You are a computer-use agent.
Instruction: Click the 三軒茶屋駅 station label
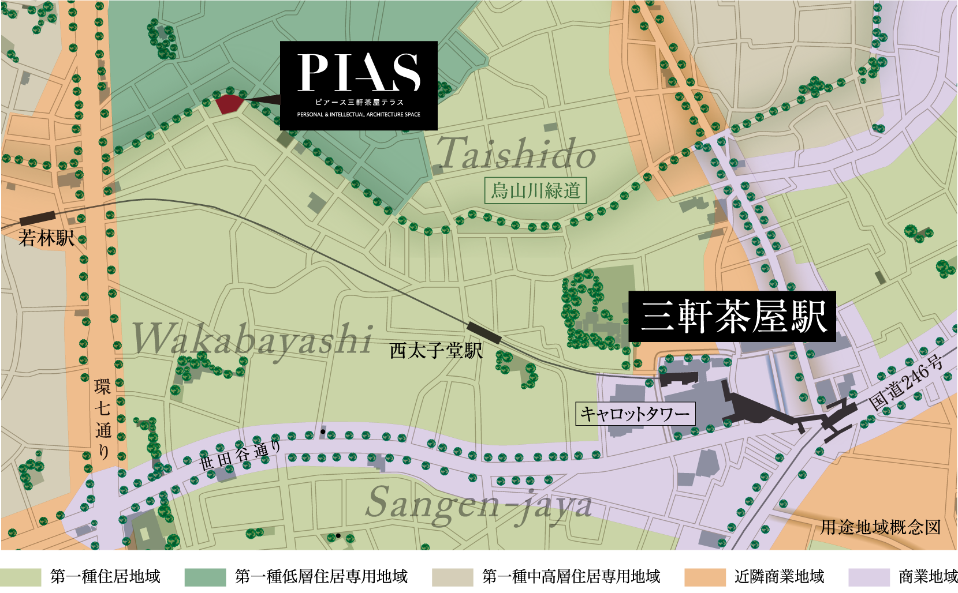pyautogui.click(x=732, y=317)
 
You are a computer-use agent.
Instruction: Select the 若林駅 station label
pyautogui.click(x=46, y=238)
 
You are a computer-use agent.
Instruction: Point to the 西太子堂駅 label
pyautogui.click(x=436, y=351)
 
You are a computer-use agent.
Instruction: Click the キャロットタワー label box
pyautogui.click(x=635, y=414)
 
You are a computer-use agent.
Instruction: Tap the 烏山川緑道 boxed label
pyautogui.click(x=535, y=190)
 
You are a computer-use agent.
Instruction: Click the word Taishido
pyautogui.click(x=516, y=154)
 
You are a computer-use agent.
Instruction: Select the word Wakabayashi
pyautogui.click(x=252, y=339)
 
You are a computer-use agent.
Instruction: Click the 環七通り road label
pyautogui.click(x=103, y=418)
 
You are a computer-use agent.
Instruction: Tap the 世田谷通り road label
pyautogui.click(x=240, y=456)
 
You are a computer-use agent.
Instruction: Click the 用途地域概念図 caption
pyautogui.click(x=881, y=527)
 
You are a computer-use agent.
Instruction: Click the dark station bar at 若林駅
pyautogui.click(x=38, y=218)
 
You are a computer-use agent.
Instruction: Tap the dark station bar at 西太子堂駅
pyautogui.click(x=484, y=333)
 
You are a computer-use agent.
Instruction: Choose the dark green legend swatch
pyautogui.click(x=205, y=577)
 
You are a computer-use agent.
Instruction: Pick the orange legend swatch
pyautogui.click(x=705, y=577)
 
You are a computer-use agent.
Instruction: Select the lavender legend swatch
pyautogui.click(x=869, y=577)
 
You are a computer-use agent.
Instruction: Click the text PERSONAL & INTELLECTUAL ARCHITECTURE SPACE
pyautogui.click(x=359, y=115)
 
